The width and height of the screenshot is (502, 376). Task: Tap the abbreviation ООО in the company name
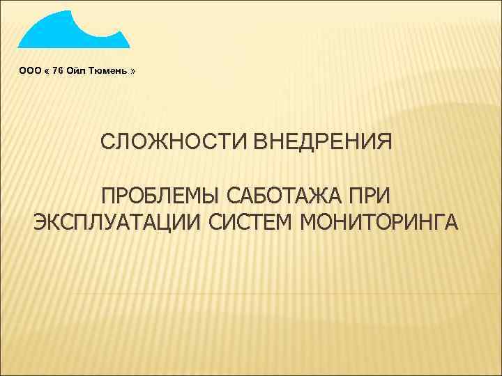[29, 71]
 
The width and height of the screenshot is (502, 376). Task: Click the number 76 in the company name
[58, 71]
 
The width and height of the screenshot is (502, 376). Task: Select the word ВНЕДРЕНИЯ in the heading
[323, 143]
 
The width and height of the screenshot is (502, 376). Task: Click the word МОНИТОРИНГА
[379, 223]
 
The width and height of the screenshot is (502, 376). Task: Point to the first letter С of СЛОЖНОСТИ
[107, 143]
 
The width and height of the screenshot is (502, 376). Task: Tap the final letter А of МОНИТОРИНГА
[450, 223]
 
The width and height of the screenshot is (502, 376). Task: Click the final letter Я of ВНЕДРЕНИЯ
[386, 143]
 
